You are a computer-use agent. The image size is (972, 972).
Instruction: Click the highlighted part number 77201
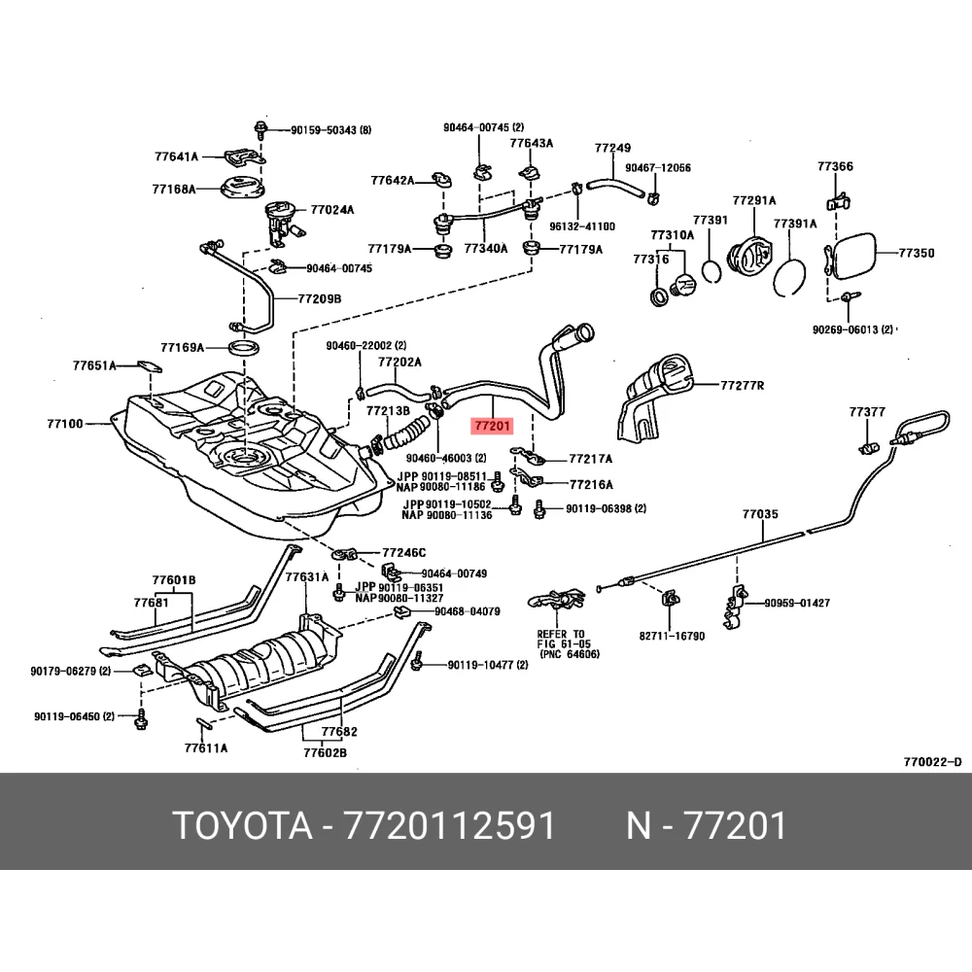[492, 426]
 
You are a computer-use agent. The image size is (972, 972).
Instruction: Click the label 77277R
[743, 386]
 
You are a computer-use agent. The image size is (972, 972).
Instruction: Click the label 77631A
[307, 576]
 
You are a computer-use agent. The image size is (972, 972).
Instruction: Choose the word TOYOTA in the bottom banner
[243, 826]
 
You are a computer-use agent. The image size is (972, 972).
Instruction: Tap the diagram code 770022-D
[931, 761]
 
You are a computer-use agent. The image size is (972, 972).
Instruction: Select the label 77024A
[332, 209]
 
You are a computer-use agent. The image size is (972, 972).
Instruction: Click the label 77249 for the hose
[613, 149]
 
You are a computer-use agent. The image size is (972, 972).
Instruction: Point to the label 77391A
[794, 224]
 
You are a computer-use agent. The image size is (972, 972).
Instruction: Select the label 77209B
[320, 299]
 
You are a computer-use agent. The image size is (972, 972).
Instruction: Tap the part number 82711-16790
[672, 636]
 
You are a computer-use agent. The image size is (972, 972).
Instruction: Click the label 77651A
[94, 365]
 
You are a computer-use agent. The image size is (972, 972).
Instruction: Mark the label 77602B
[325, 751]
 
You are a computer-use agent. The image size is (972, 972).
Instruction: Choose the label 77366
[835, 167]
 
